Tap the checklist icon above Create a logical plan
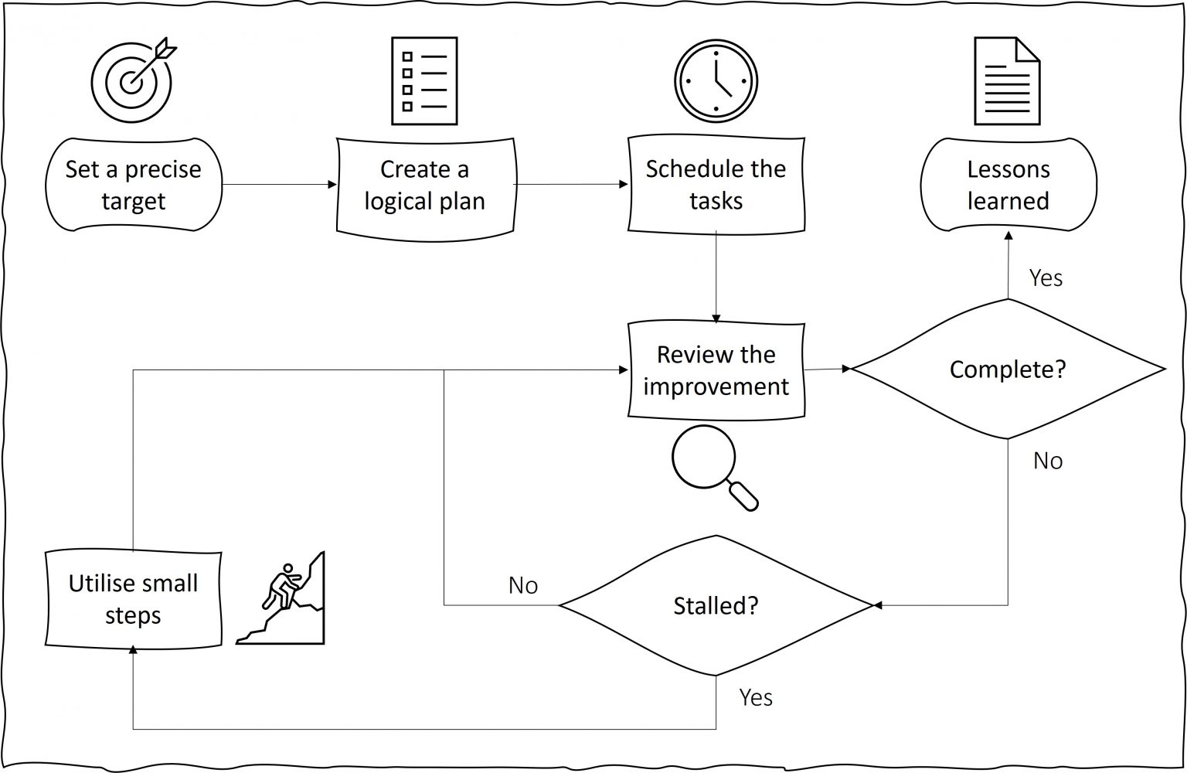click(x=424, y=81)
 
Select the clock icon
click(x=716, y=81)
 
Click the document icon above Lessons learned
click(x=1007, y=81)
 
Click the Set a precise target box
click(x=133, y=185)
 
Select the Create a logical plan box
click(x=425, y=186)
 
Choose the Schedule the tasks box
click(x=716, y=185)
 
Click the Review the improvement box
click(x=716, y=371)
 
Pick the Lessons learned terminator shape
click(x=1008, y=185)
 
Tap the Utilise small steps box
click(x=133, y=599)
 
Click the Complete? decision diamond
click(x=1008, y=369)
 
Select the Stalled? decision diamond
click(x=716, y=605)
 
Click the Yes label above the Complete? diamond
click(x=1046, y=278)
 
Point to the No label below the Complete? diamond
click(x=1048, y=461)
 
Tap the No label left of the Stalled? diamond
click(x=523, y=586)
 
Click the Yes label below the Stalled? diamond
click(x=755, y=697)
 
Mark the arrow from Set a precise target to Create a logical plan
click(x=279, y=185)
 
